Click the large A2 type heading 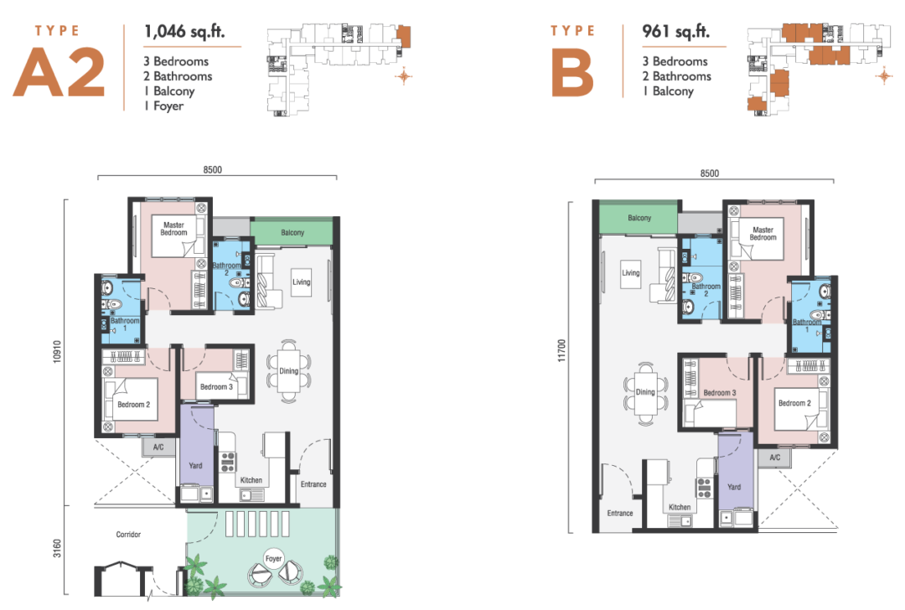point(59,73)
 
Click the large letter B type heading point(572,74)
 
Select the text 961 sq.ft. point(675,33)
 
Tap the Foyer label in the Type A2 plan point(273,557)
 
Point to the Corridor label point(129,534)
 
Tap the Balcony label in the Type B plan point(639,218)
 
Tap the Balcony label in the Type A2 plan point(292,233)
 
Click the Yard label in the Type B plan point(734,487)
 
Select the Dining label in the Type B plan point(644,392)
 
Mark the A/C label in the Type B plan point(774,457)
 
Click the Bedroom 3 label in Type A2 point(215,387)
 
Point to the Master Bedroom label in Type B point(763,233)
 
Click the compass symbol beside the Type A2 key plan point(405,77)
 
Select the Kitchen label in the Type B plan point(680,507)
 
